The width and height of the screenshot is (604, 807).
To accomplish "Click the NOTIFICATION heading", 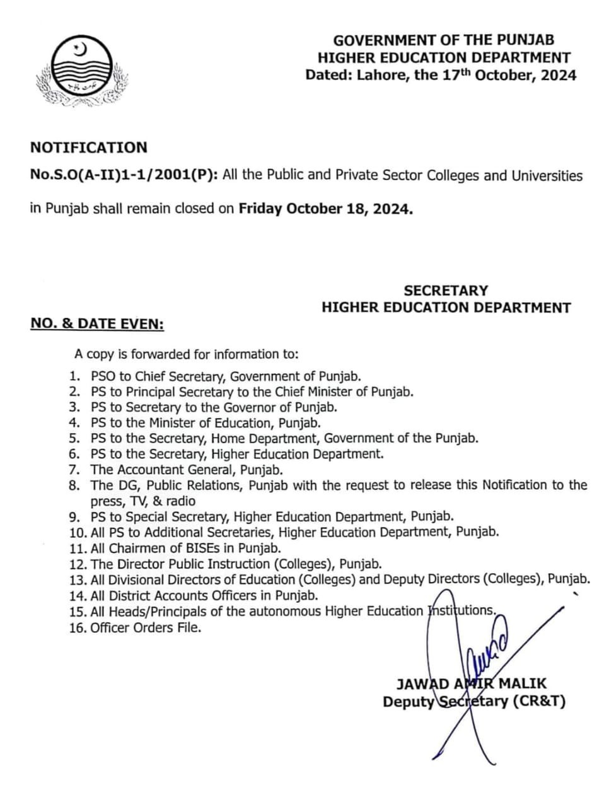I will pos(89,148).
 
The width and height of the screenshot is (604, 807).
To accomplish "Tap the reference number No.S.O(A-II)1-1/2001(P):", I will pos(124,175).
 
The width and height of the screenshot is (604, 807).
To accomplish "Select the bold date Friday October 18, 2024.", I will pos(325,209).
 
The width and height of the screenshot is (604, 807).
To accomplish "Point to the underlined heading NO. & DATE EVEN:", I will pos(97,324).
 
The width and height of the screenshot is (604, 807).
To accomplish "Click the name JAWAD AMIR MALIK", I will pos(472,683).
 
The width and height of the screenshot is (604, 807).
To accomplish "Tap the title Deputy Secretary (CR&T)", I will pos(473,701).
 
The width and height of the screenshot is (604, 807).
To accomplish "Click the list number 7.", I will pos(74,470).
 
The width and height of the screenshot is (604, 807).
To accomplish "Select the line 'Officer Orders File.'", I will pos(146,627).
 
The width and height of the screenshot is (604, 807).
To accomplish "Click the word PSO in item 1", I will pos(103,376).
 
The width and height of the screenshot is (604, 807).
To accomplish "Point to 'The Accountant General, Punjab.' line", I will pos(187,470).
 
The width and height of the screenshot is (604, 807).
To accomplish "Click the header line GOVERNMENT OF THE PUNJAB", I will pos(444,40).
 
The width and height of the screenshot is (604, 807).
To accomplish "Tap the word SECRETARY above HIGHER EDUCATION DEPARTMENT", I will pos(446,291).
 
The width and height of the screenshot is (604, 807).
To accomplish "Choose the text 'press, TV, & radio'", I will pos(143,501).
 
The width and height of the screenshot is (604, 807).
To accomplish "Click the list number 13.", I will pos(77,579).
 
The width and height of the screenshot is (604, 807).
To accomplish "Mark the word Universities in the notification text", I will pos(545,175).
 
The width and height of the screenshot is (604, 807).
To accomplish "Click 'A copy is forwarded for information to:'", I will pos(187,354).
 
